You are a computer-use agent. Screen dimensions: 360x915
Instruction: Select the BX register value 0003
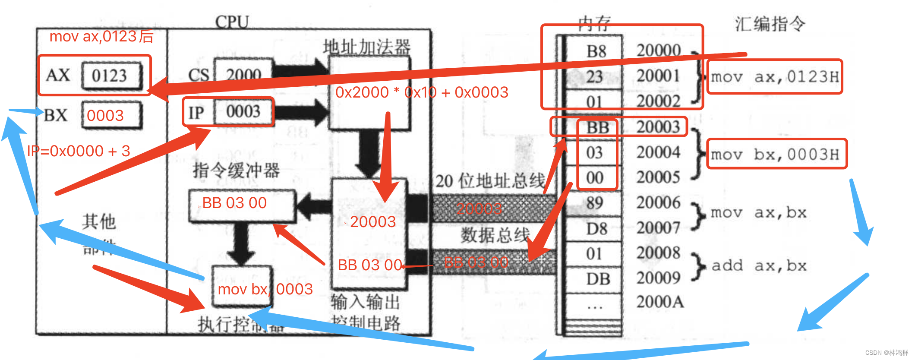coord(105,115)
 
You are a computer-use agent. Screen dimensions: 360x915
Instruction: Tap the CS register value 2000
coord(244,74)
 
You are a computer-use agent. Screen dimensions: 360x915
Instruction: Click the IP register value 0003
coord(243,111)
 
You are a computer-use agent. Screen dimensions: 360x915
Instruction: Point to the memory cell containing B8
coord(596,51)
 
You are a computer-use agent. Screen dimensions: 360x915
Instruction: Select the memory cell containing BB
coord(597,127)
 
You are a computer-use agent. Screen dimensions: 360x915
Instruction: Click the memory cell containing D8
coord(596,229)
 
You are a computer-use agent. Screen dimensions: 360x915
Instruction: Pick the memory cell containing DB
coord(598,279)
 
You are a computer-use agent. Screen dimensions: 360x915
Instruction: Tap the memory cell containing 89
coord(595,203)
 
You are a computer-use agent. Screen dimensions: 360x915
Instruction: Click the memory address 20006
coord(658,202)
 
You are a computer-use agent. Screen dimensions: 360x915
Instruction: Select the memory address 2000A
coord(660,302)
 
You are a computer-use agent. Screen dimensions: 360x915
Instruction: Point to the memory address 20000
coord(659,51)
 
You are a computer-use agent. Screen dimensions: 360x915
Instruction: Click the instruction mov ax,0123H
coord(775,77)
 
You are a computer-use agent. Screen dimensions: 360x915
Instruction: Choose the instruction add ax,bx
coord(759,265)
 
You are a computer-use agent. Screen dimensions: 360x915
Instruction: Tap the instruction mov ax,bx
coord(758,212)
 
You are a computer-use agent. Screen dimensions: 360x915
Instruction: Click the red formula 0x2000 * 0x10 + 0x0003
coord(422,92)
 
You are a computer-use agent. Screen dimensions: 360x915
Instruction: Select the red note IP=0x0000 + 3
coord(79,151)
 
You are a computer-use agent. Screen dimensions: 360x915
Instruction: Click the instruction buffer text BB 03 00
coord(234,203)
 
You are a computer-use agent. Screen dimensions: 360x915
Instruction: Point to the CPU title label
coord(232,22)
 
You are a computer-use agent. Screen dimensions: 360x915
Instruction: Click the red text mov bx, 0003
coord(265,289)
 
